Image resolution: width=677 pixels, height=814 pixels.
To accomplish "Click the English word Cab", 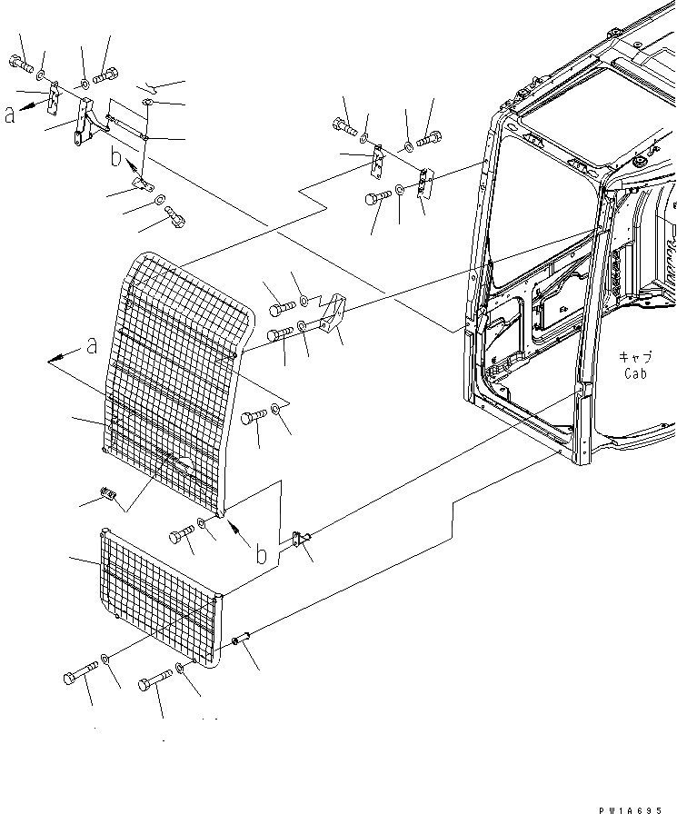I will [634, 373].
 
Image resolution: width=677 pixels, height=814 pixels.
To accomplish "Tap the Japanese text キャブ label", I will [632, 357].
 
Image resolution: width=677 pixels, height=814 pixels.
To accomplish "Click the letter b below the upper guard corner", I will [262, 554].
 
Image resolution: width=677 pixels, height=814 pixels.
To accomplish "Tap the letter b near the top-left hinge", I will [115, 158].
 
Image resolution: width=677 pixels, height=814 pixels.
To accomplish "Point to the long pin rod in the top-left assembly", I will [127, 126].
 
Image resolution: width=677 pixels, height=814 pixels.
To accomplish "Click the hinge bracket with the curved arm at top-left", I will [84, 123].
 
